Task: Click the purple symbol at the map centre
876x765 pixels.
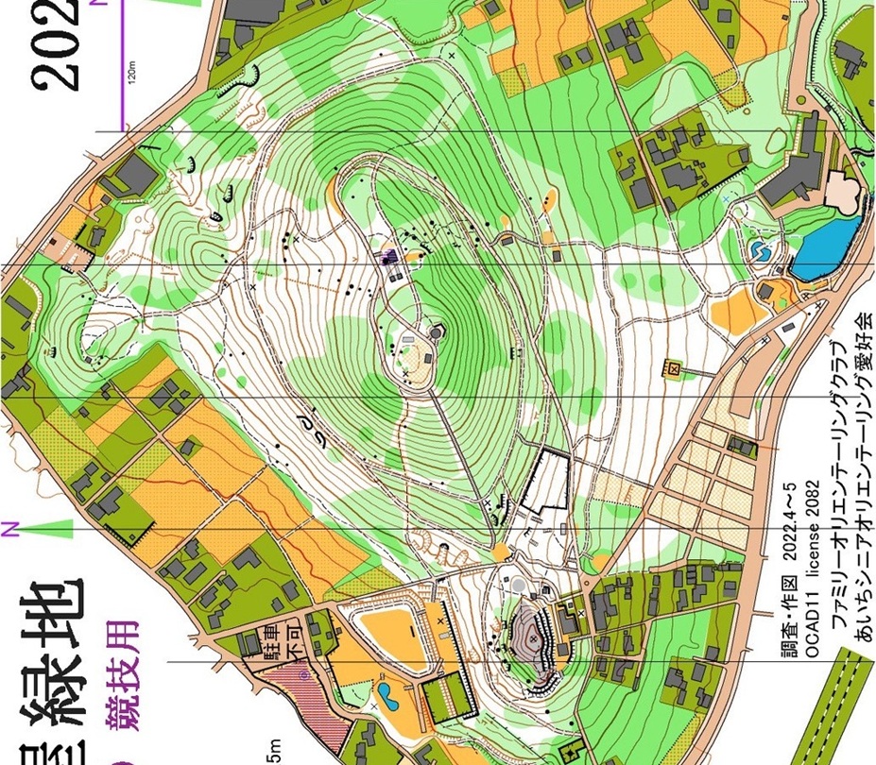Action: click(388, 255)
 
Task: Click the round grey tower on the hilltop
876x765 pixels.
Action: click(436, 331)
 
